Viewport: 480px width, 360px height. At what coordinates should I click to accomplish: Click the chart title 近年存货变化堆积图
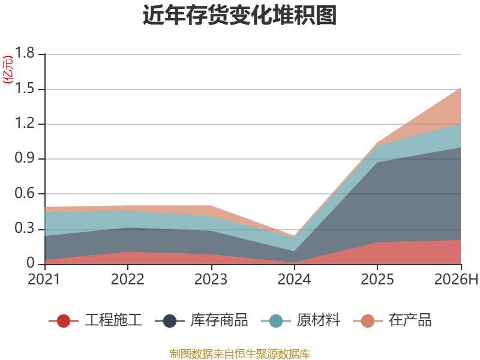pos(239,14)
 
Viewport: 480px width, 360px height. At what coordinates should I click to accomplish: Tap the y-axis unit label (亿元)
pos(8,70)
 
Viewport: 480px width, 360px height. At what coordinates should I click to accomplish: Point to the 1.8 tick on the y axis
pos(25,53)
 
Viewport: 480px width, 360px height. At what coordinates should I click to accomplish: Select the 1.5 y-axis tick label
pos(25,88)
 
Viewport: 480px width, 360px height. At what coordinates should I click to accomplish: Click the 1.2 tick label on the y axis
pos(25,124)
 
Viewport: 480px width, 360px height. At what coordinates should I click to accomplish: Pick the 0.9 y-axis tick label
pos(25,158)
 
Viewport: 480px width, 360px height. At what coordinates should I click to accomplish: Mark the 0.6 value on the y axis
pos(25,193)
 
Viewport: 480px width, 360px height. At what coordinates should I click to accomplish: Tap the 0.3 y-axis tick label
pos(25,229)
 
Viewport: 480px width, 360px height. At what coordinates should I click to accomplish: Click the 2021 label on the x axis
pos(44,279)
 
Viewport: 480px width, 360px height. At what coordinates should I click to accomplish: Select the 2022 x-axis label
pos(127,279)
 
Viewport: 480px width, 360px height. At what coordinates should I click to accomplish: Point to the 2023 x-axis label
pos(211,279)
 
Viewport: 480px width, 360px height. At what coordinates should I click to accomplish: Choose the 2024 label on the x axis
pos(294,279)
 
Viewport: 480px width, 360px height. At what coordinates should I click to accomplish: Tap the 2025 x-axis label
pos(377,279)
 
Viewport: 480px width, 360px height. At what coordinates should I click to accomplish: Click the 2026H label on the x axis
pos(456,279)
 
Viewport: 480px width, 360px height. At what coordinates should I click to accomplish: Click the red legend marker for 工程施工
pos(64,321)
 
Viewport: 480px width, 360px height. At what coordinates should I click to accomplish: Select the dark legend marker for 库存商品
pos(170,321)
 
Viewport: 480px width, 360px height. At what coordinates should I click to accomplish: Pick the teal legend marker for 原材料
pos(276,321)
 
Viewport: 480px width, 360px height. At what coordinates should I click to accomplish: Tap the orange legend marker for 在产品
pos(368,321)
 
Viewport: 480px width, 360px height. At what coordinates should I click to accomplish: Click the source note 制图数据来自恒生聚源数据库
pos(239,353)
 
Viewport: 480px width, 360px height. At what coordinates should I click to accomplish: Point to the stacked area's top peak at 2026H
pos(460,88)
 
